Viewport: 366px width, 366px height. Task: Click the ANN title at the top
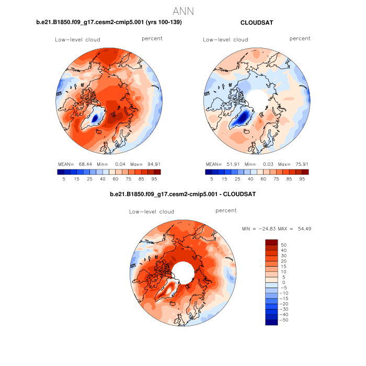(x=183, y=10)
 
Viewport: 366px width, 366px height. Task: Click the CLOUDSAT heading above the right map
(x=257, y=22)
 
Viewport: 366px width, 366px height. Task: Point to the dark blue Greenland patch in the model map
(x=95, y=118)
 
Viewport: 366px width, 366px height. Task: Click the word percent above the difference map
(x=226, y=210)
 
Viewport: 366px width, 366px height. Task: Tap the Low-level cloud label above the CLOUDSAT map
(x=225, y=40)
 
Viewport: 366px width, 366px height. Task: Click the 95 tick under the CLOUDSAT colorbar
(x=302, y=178)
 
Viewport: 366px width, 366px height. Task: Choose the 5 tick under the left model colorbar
(x=63, y=178)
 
